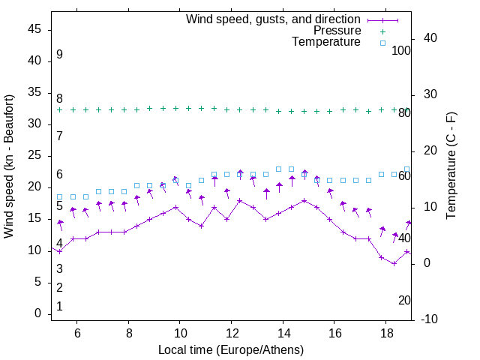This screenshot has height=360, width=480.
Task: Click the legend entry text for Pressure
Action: (x=337, y=31)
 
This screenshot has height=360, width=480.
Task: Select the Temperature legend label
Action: (x=326, y=42)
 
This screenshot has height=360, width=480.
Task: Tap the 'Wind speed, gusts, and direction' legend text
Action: (x=273, y=19)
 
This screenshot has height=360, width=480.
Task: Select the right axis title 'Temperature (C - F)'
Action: (x=451, y=166)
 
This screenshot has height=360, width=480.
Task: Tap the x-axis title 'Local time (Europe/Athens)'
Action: (x=231, y=349)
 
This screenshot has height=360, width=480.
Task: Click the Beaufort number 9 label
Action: (x=59, y=55)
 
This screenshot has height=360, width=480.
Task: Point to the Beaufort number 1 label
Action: (x=59, y=307)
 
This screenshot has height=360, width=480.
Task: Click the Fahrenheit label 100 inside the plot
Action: (x=401, y=51)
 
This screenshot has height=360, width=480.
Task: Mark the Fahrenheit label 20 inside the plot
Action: (x=404, y=300)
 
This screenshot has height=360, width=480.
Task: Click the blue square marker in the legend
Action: (x=382, y=43)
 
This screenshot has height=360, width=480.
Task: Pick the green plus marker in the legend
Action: (x=382, y=31)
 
